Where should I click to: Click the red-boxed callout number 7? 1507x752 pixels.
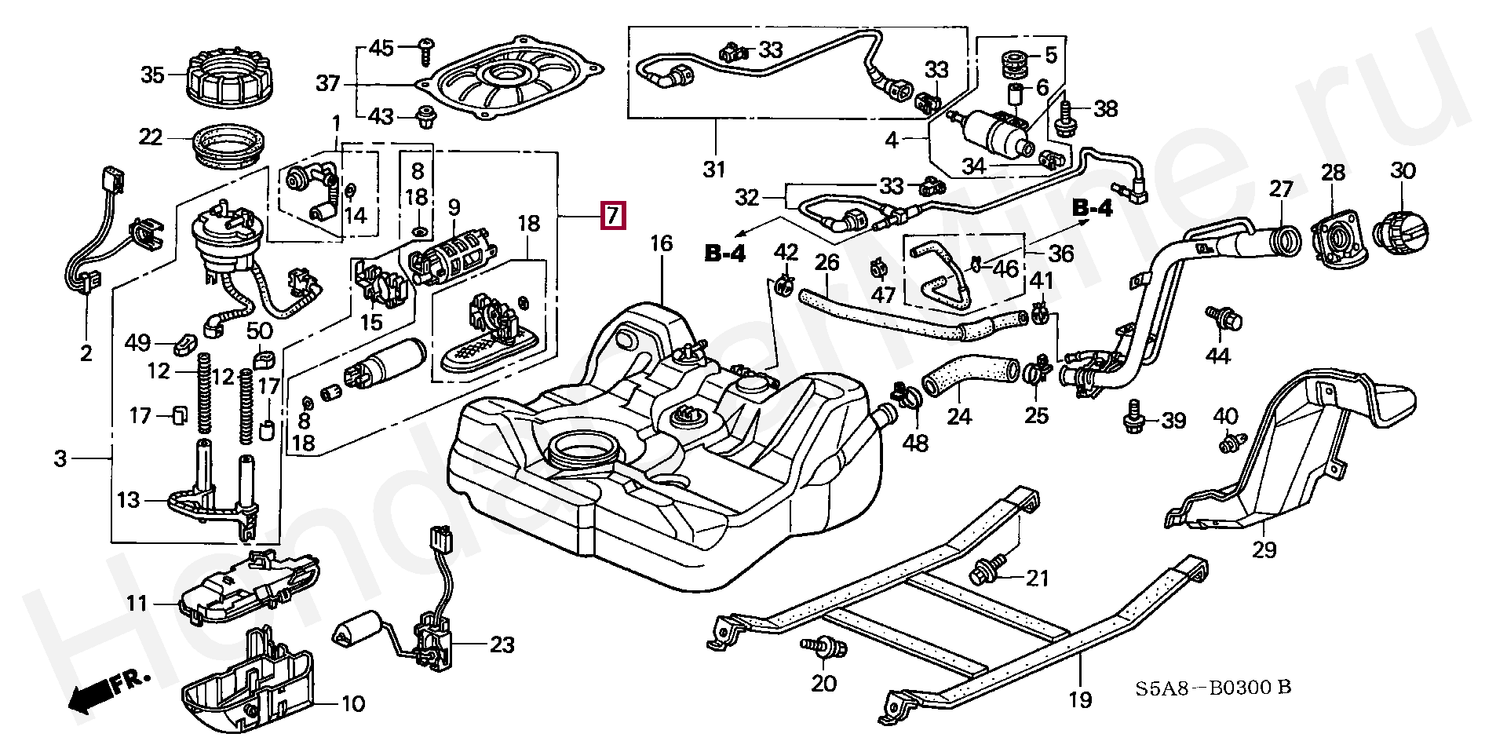(612, 215)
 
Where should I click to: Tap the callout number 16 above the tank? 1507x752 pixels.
(662, 243)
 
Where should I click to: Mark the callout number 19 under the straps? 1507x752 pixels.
(1081, 699)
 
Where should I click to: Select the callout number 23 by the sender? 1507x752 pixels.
(502, 645)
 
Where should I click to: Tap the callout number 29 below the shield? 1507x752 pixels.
(1264, 549)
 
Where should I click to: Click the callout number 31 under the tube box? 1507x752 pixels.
(714, 169)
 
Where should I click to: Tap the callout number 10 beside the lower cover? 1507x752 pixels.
(353, 703)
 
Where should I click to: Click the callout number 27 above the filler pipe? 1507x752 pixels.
(1281, 190)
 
